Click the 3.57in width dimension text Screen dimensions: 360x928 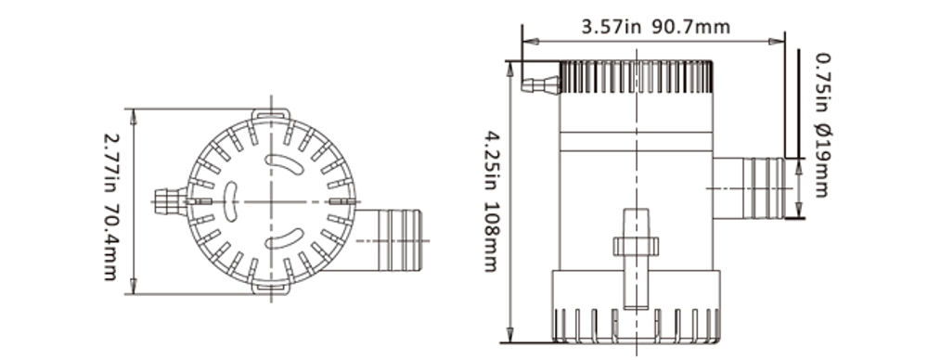coord(612,27)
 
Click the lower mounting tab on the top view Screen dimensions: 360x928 coord(271,289)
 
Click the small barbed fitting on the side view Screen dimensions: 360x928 coord(539,85)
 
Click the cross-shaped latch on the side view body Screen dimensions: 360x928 coord(636,246)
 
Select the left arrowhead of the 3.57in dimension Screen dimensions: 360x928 coord(526,41)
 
